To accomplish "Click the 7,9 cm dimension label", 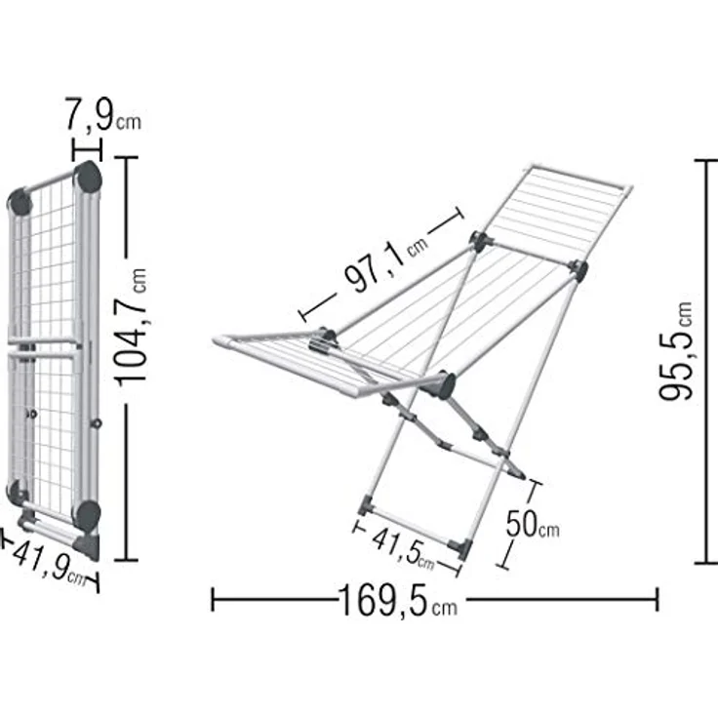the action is [102, 115].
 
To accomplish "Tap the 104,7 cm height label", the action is [131, 328].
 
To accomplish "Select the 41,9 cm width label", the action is [49, 563].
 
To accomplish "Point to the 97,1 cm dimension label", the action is [386, 264].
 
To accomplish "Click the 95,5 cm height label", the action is [675, 351].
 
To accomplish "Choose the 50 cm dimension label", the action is [532, 524].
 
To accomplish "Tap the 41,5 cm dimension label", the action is [403, 548].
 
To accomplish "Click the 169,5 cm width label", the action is [397, 600].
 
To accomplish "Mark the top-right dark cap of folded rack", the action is [88, 178].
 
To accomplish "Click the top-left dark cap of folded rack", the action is [20, 202].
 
